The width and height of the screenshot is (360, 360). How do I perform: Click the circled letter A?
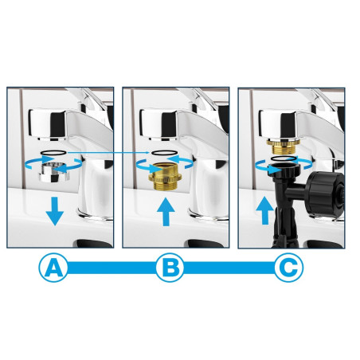tap(53, 268)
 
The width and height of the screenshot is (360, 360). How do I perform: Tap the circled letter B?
tap(170, 268)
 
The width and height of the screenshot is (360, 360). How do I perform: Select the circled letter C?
tap(288, 268)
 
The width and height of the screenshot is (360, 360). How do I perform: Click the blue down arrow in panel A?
tap(55, 211)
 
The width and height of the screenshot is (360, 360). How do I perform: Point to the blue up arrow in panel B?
tap(166, 212)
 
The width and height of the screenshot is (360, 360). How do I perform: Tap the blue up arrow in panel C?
tap(265, 210)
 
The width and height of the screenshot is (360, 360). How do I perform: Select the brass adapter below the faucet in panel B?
tap(165, 177)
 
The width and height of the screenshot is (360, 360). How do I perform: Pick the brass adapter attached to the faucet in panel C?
tap(283, 147)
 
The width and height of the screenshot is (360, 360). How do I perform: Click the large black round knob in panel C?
tap(324, 194)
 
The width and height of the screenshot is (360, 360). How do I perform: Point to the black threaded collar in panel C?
tap(284, 170)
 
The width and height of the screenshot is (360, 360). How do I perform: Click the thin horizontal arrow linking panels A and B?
tap(108, 152)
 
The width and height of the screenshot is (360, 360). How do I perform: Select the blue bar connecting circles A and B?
tap(112, 268)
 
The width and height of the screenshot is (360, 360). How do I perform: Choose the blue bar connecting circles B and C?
tap(229, 268)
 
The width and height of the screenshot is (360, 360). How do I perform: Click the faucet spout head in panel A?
tap(48, 124)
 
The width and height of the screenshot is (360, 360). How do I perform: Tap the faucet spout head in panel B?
tap(158, 124)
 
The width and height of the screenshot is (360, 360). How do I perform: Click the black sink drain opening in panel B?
tap(205, 244)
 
